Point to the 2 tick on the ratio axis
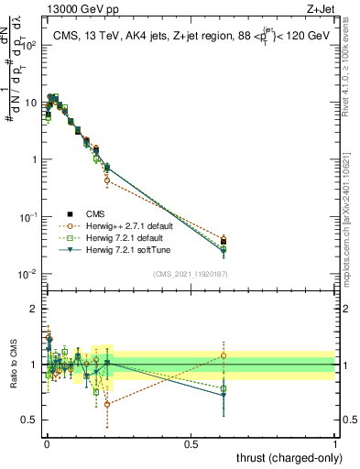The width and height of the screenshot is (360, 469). [x=37, y=309]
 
